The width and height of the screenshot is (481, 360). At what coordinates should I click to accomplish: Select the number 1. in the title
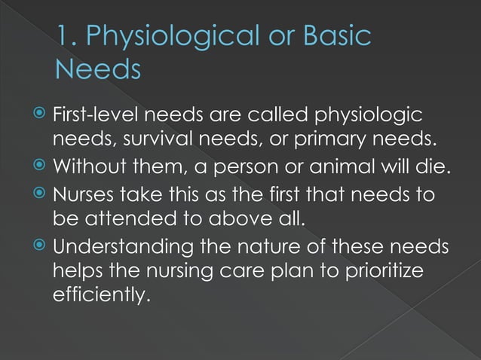click(x=69, y=38)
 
